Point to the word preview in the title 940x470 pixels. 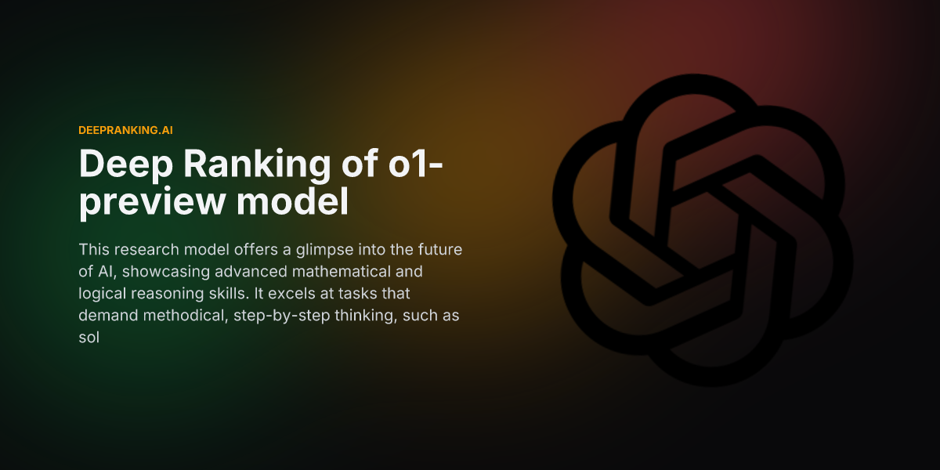point(146,202)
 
